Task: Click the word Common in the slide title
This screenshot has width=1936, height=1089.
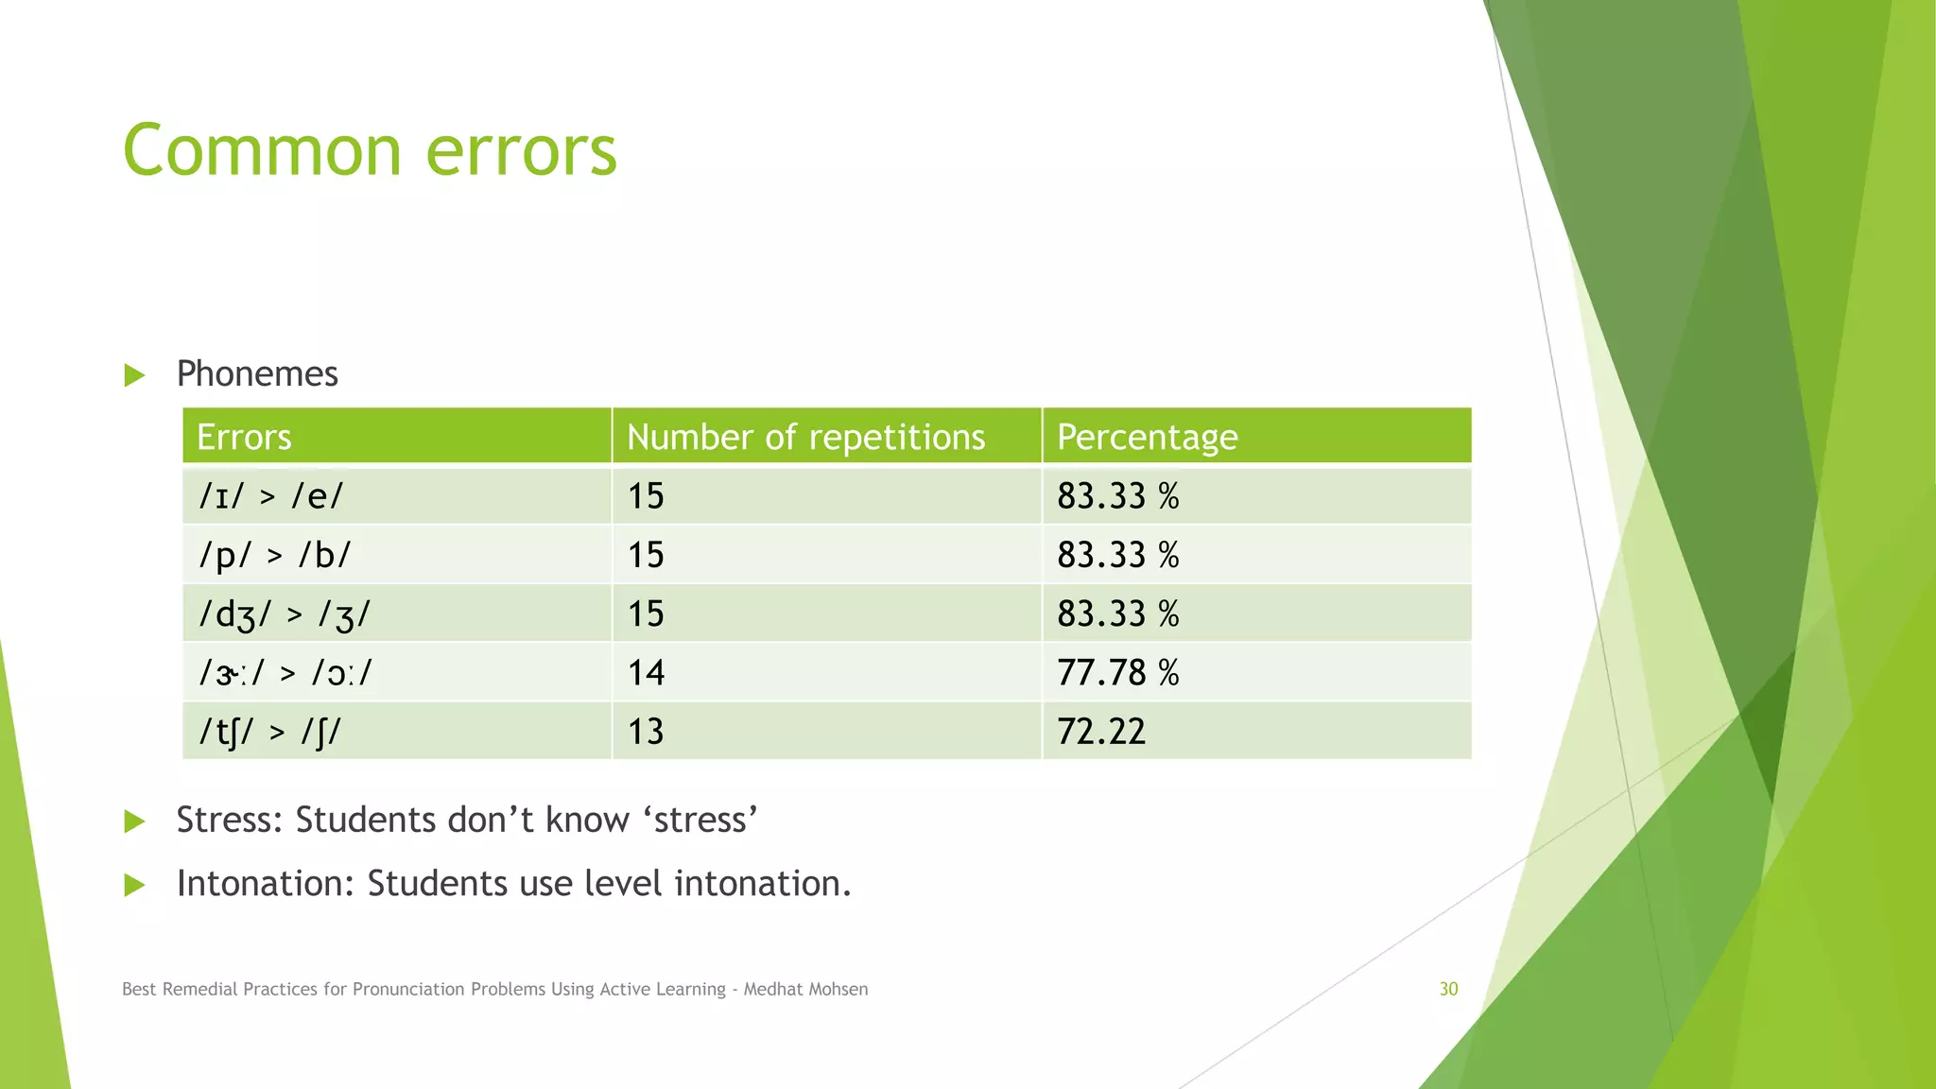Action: coord(262,151)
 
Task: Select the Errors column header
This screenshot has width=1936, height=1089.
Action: coord(244,438)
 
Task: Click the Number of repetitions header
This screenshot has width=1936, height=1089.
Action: coord(805,438)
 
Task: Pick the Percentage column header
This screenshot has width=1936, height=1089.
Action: coord(1147,438)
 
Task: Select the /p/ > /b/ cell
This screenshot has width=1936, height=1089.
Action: coord(274,555)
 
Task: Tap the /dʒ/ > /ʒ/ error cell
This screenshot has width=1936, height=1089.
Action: coord(284,614)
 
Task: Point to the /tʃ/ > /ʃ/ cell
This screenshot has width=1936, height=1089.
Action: coord(269,732)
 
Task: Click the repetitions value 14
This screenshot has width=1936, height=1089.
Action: coord(646,673)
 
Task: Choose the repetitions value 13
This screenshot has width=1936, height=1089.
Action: coord(646,732)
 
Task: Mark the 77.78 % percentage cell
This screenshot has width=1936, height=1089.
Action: coord(1117,673)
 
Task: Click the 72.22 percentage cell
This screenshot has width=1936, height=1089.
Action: coord(1101,732)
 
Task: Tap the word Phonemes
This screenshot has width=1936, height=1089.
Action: coord(257,374)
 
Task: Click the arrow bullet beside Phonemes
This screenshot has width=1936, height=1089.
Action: coord(134,375)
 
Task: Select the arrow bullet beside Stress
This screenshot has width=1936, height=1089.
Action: coord(134,821)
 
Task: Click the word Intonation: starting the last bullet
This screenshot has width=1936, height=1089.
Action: coord(266,884)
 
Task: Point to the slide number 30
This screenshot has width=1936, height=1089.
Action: coord(1448,989)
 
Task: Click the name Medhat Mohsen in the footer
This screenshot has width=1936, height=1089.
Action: coord(805,989)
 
